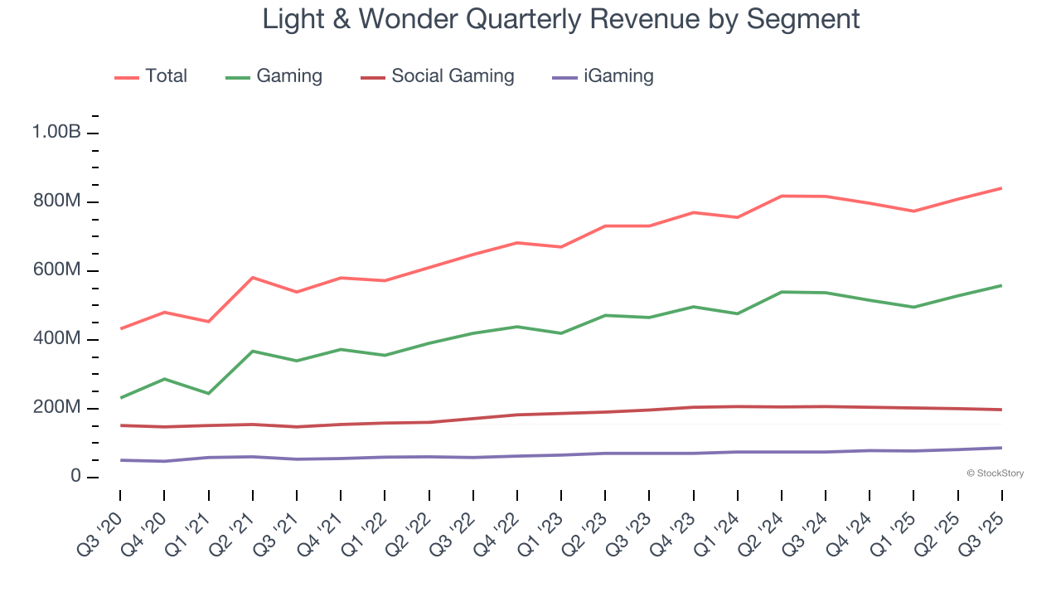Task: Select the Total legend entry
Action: point(151,76)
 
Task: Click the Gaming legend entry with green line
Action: point(274,76)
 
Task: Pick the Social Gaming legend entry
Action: point(438,76)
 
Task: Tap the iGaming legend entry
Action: point(603,76)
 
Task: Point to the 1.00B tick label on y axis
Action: point(56,133)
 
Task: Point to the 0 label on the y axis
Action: point(75,477)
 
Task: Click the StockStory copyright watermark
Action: point(995,473)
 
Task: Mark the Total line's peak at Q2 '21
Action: point(252,278)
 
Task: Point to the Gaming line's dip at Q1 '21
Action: point(208,393)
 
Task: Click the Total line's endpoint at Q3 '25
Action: point(1001,188)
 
